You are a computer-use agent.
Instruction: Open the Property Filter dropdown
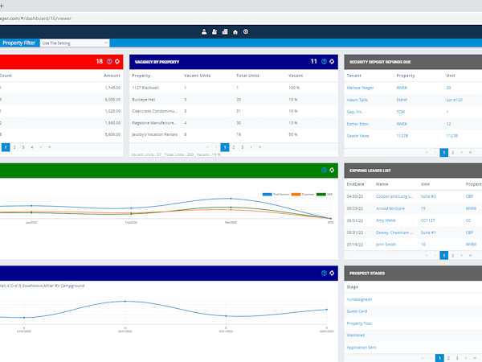[x=74, y=43]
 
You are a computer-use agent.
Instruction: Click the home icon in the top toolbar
[x=235, y=32]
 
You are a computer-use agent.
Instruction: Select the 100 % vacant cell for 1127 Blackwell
[x=294, y=87]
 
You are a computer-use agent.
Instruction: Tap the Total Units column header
[x=247, y=75]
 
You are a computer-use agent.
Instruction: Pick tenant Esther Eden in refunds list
[x=362, y=124]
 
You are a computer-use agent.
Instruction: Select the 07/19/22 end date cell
[x=357, y=243]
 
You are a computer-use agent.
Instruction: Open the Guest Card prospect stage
[x=357, y=311]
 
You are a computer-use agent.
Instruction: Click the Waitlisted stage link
[x=357, y=335]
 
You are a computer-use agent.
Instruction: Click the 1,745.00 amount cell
[x=112, y=87]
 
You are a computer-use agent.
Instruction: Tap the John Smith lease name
[x=386, y=243]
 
